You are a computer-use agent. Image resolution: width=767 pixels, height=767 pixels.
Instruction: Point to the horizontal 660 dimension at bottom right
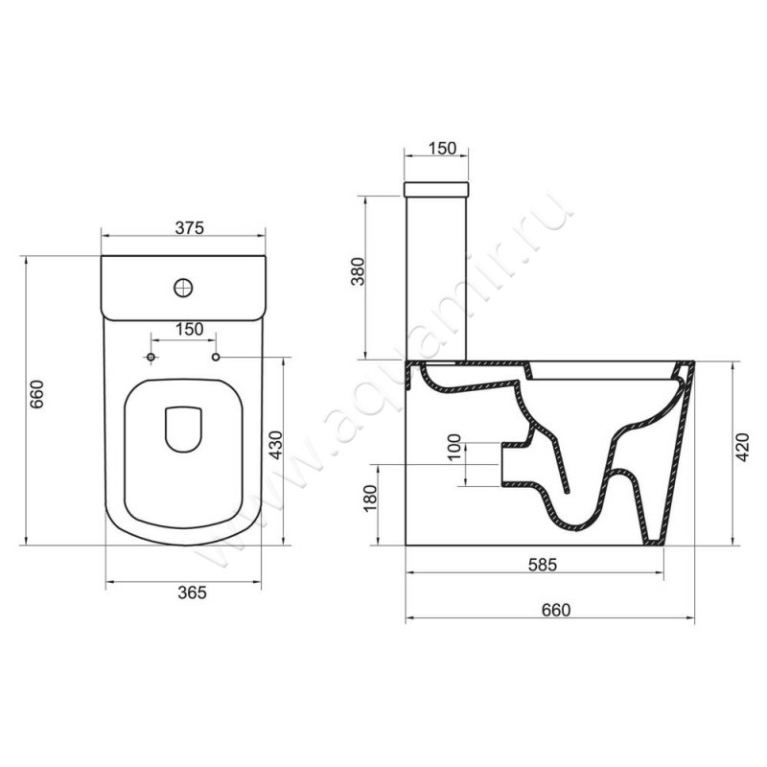point(555,610)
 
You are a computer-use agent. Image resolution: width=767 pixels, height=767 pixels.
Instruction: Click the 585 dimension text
point(544,564)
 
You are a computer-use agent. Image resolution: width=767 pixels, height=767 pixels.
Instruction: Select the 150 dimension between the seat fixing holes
point(189,330)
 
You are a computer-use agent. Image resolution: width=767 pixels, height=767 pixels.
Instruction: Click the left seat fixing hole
point(150,358)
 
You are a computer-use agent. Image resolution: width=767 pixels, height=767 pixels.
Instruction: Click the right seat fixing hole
point(216,358)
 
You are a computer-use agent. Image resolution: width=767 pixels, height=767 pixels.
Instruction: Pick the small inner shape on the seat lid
point(183,428)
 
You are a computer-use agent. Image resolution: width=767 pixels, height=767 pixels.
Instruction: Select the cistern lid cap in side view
point(438,186)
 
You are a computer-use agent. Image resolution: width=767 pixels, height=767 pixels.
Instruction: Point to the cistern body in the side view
point(438,278)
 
